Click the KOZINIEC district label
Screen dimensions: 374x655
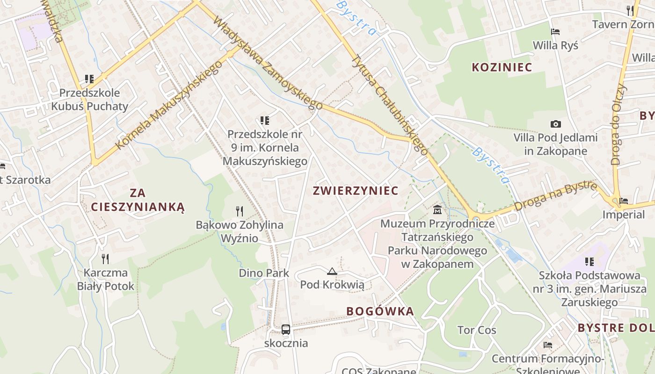[502, 67]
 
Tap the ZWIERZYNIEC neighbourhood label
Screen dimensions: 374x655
[356, 191]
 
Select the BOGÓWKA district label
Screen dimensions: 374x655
[380, 311]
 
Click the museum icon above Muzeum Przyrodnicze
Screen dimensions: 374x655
[437, 209]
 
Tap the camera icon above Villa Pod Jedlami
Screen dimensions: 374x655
[555, 124]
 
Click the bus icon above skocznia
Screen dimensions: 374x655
[286, 329]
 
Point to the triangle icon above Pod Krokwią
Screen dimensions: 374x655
[332, 271]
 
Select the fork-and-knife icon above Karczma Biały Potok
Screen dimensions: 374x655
[105, 258]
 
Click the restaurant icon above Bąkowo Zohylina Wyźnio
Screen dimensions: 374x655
[240, 211]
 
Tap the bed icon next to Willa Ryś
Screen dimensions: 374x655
[555, 32]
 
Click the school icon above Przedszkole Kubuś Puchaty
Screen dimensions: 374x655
[89, 79]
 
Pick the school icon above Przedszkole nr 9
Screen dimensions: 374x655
[265, 120]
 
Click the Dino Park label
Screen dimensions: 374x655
[264, 273]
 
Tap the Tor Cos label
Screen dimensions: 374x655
[477, 330]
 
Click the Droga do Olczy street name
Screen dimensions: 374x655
[618, 124]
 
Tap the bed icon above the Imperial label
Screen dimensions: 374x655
[624, 201]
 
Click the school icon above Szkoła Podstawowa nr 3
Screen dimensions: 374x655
[589, 261]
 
